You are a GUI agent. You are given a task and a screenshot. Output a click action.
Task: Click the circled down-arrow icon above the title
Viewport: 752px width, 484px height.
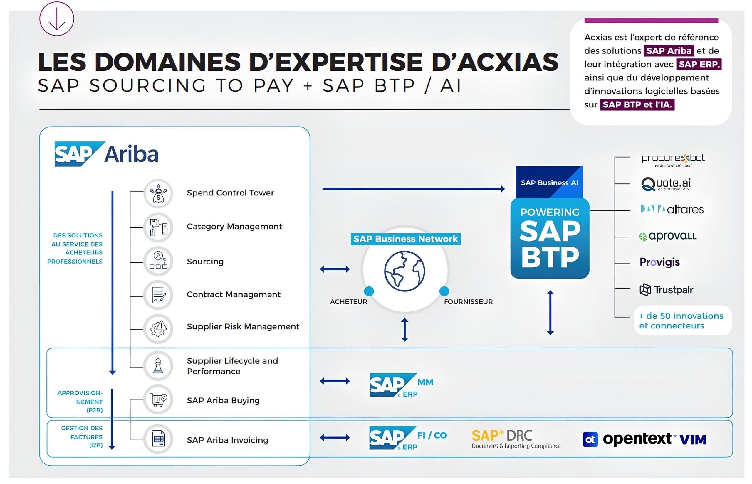pos(57,18)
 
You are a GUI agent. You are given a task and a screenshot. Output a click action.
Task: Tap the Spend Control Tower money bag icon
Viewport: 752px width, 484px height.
pos(158,194)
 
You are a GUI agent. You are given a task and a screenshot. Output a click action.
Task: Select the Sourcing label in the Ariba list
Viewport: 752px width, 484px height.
pos(205,262)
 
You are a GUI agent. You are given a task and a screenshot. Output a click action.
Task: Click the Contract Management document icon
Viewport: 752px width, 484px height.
pos(158,295)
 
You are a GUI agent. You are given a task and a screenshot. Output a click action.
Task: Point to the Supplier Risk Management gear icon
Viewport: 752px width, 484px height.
pos(158,328)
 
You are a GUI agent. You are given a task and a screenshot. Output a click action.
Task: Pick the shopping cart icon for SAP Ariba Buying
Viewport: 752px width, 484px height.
pos(158,400)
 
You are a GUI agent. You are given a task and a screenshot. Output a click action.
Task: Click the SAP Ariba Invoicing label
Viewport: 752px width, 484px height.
pos(227,440)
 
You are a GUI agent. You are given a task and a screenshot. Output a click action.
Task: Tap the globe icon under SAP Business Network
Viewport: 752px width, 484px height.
pos(404,271)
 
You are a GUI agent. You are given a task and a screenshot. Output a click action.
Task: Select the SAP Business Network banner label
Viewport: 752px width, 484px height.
pos(405,239)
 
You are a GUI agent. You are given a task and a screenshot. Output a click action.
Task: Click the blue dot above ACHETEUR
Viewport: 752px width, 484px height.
pos(369,291)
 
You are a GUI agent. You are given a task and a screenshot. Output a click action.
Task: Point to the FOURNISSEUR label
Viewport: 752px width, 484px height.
pos(468,302)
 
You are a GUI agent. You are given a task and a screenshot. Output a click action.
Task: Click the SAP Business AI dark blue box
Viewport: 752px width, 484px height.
pos(549,182)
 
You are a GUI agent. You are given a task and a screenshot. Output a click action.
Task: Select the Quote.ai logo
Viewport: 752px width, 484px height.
pos(666,184)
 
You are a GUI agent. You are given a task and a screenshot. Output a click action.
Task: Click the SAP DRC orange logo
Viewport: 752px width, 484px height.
pos(516,439)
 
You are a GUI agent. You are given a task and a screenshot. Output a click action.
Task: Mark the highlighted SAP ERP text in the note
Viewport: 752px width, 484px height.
pos(699,64)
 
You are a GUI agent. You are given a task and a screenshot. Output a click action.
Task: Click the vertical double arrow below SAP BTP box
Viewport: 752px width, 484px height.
pos(550,313)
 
